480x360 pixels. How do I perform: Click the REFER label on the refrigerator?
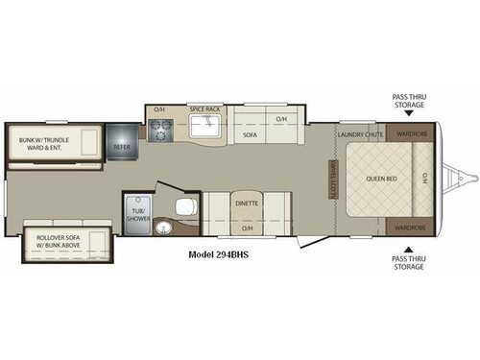[122, 147]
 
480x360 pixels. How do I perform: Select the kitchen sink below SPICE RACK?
[205, 132]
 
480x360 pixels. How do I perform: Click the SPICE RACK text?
[205, 109]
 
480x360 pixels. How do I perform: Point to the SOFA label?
[250, 135]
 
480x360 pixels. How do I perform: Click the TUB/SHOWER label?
[133, 212]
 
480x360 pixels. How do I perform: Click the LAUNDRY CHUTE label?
[362, 134]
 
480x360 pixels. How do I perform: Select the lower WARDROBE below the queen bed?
[411, 228]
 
